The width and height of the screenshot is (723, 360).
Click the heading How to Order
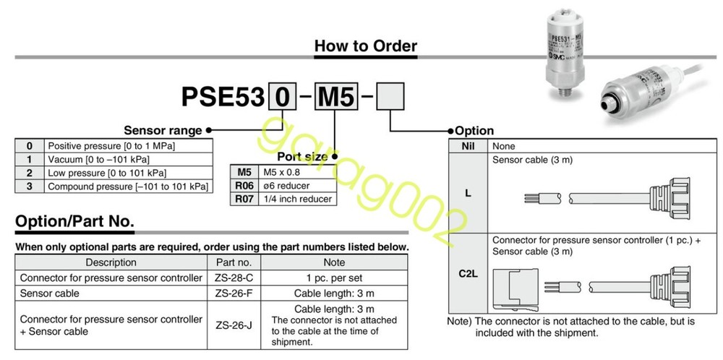point(365,46)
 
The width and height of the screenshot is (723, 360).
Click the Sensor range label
point(163,131)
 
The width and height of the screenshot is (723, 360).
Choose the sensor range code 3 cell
point(29,187)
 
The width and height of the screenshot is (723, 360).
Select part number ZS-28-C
point(234,278)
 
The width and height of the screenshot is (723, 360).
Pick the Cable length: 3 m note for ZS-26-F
point(334,293)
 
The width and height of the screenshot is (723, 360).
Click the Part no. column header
point(234,262)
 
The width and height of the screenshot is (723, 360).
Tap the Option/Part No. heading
point(74,221)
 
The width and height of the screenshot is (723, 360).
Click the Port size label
point(301,156)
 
